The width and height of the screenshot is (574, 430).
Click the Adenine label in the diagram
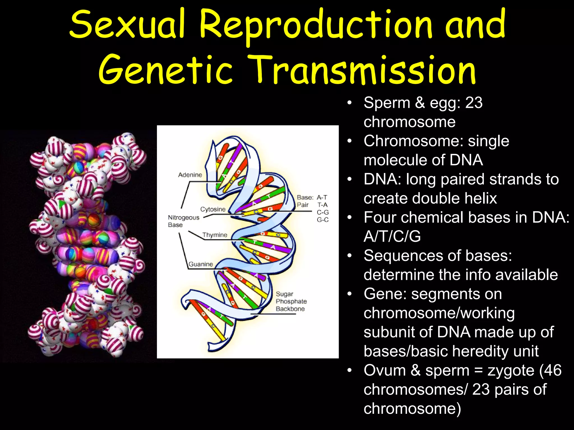pos(190,175)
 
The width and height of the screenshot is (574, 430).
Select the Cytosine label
pos(213,209)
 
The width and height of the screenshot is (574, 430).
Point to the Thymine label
pos(215,235)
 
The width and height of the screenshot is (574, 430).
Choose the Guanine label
pos(201,264)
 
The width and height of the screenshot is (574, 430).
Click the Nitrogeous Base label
pos(183,221)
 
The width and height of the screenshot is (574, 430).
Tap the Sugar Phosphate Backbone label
pos(291,301)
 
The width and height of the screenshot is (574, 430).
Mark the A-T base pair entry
pos(322,197)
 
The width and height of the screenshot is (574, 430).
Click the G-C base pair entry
pos(323,220)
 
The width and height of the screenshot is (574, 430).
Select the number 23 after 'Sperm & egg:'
pos(474,103)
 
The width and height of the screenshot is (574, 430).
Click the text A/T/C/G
pos(392,237)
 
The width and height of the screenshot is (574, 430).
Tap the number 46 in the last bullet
pos(552,370)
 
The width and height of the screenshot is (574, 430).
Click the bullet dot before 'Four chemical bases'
pos(349,218)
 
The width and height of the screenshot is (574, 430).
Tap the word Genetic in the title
pos(166,70)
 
